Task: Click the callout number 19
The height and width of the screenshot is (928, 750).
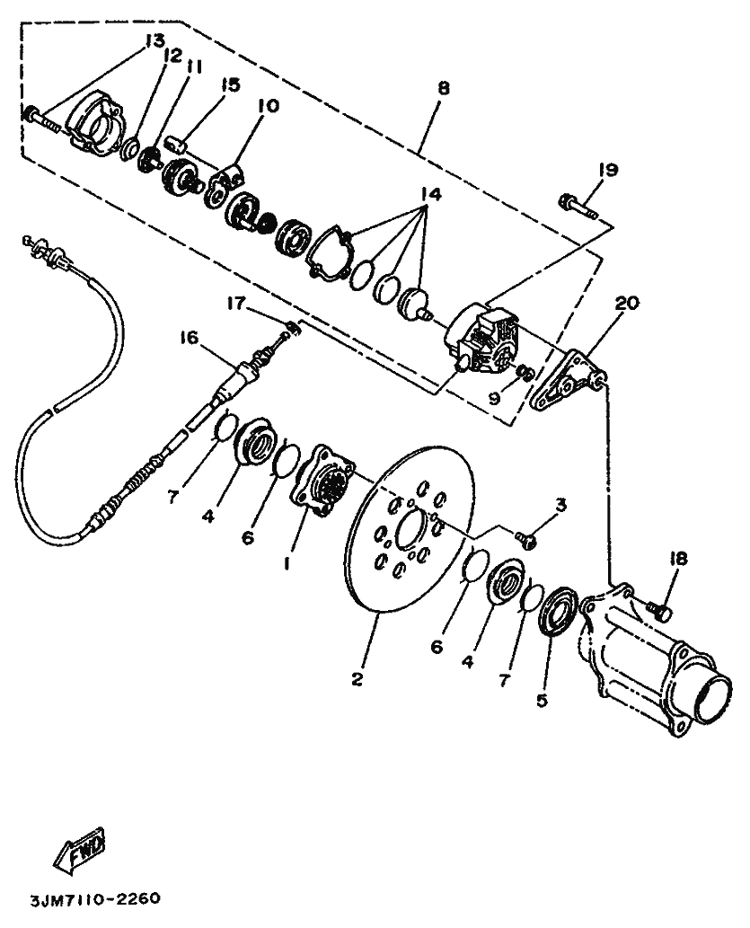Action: click(x=608, y=169)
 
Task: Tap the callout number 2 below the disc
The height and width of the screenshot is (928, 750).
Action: click(x=357, y=680)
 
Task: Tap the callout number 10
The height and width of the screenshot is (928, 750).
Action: click(x=268, y=105)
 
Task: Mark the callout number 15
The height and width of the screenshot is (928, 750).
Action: click(x=231, y=84)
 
